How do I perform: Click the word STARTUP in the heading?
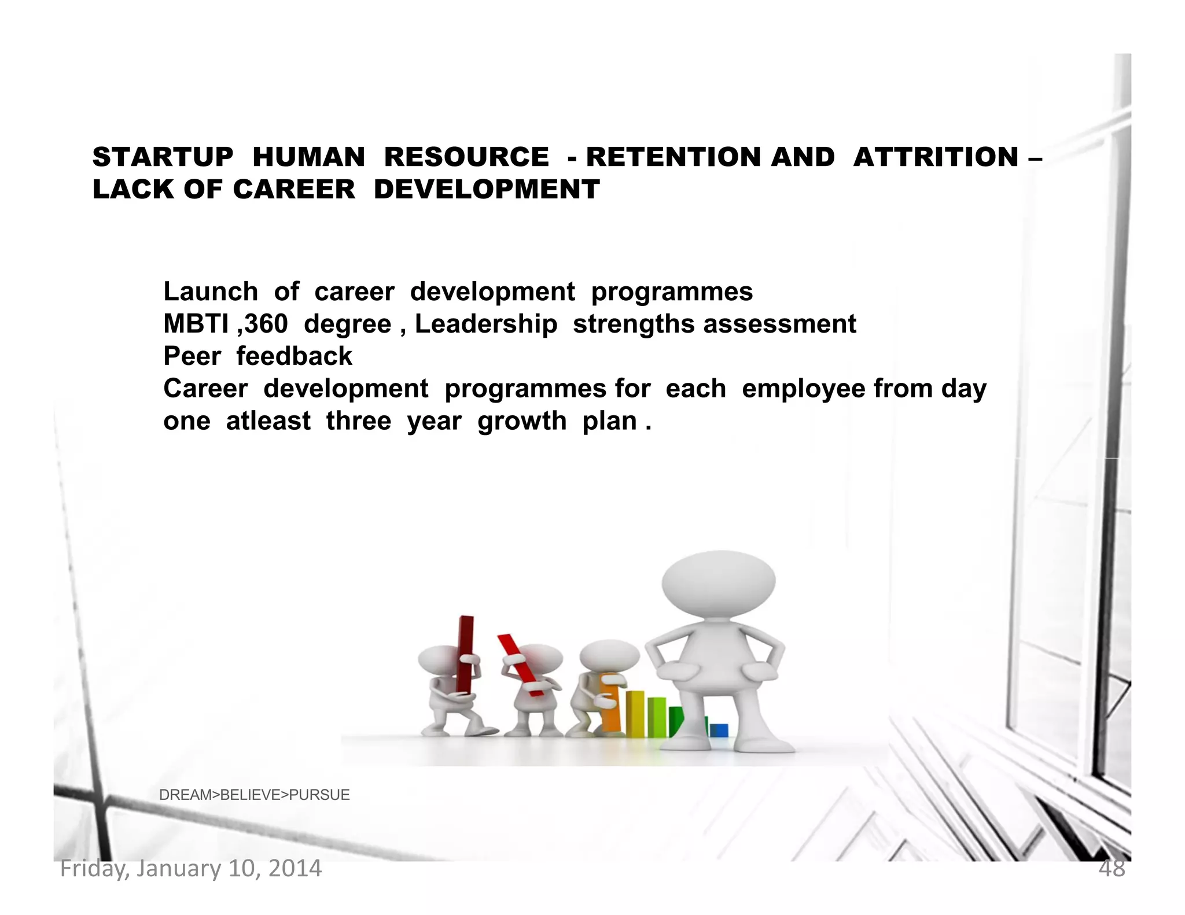point(163,157)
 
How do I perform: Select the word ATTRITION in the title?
point(936,157)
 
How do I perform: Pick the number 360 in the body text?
point(266,324)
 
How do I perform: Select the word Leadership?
point(486,324)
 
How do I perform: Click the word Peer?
point(192,356)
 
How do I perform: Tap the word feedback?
point(294,356)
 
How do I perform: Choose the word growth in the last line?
point(521,421)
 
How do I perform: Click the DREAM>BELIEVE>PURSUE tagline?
point(255,795)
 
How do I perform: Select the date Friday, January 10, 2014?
point(191,869)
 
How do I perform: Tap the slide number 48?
point(1112,869)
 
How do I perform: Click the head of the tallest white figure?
point(718,585)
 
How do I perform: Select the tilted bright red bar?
point(520,665)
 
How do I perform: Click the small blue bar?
point(719,730)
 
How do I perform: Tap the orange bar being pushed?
point(611,709)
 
